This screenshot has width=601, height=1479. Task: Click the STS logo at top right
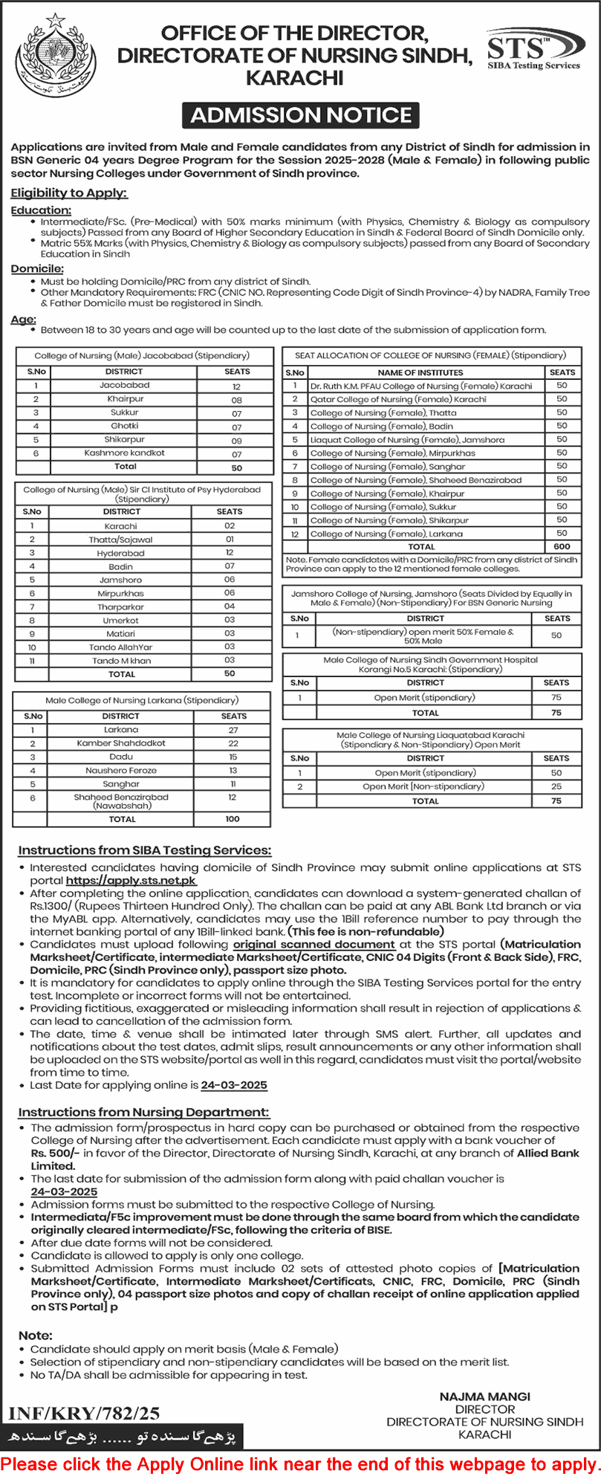tap(533, 51)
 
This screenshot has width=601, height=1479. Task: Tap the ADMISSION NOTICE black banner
tap(301, 115)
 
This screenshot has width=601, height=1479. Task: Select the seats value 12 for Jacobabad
tap(236, 386)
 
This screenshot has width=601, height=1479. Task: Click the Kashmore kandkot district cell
tap(124, 453)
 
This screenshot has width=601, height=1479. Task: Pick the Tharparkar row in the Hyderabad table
tap(121, 606)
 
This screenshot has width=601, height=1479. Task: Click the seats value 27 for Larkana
tap(233, 730)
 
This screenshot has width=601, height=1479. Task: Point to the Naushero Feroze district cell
tap(121, 771)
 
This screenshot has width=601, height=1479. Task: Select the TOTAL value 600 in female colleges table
tap(562, 546)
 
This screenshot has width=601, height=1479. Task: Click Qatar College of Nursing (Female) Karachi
tap(398, 399)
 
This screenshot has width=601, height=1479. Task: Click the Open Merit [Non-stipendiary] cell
tap(423, 786)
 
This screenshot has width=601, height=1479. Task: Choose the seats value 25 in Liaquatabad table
tap(556, 786)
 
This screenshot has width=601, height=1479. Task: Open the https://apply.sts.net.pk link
tap(131, 881)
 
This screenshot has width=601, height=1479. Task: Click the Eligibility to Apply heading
tap(69, 193)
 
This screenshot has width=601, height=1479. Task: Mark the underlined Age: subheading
tap(24, 319)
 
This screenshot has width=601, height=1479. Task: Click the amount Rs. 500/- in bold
tap(55, 1153)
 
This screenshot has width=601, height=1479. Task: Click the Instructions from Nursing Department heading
tap(143, 1112)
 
